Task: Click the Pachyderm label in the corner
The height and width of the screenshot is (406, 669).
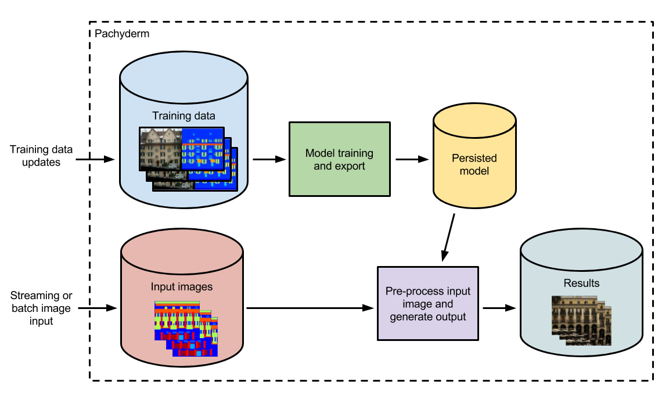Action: click(122, 34)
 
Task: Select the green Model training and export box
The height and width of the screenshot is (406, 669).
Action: click(340, 159)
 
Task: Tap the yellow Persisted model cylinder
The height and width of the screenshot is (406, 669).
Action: click(474, 156)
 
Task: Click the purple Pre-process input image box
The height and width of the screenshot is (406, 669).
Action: click(428, 304)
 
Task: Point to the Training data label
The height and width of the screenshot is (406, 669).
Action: click(184, 116)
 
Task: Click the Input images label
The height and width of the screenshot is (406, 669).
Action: click(182, 286)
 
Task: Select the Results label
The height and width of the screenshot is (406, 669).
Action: click(581, 283)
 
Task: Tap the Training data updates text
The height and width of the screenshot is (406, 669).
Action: click(41, 156)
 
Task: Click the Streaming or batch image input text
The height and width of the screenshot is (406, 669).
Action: click(41, 308)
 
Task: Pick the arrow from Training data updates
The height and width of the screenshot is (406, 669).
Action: click(95, 159)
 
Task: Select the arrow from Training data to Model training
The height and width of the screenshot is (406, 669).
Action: click(269, 159)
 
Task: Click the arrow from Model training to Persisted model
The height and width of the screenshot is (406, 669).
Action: click(412, 159)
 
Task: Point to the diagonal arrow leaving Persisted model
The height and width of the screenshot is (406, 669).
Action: click(448, 238)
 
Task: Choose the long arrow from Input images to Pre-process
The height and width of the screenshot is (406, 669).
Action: click(310, 308)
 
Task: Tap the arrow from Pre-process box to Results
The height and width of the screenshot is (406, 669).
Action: click(499, 308)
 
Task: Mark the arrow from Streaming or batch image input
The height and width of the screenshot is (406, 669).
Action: click(98, 308)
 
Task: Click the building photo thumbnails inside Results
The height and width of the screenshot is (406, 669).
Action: click(581, 321)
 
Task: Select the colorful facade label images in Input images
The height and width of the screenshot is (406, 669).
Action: click(186, 329)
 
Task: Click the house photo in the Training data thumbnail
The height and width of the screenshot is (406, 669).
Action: click(161, 149)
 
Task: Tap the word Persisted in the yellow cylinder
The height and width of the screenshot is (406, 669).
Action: click(474, 159)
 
